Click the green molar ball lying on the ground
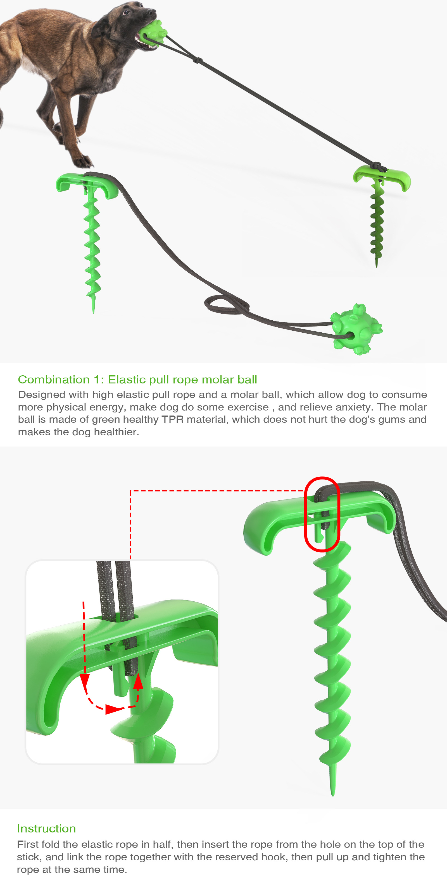coord(356,329)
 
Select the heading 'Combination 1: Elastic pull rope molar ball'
coord(137,380)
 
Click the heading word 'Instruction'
coord(46,829)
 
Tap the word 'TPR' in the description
coord(172,419)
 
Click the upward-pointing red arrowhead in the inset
coord(138,681)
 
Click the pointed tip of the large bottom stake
coord(333,794)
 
